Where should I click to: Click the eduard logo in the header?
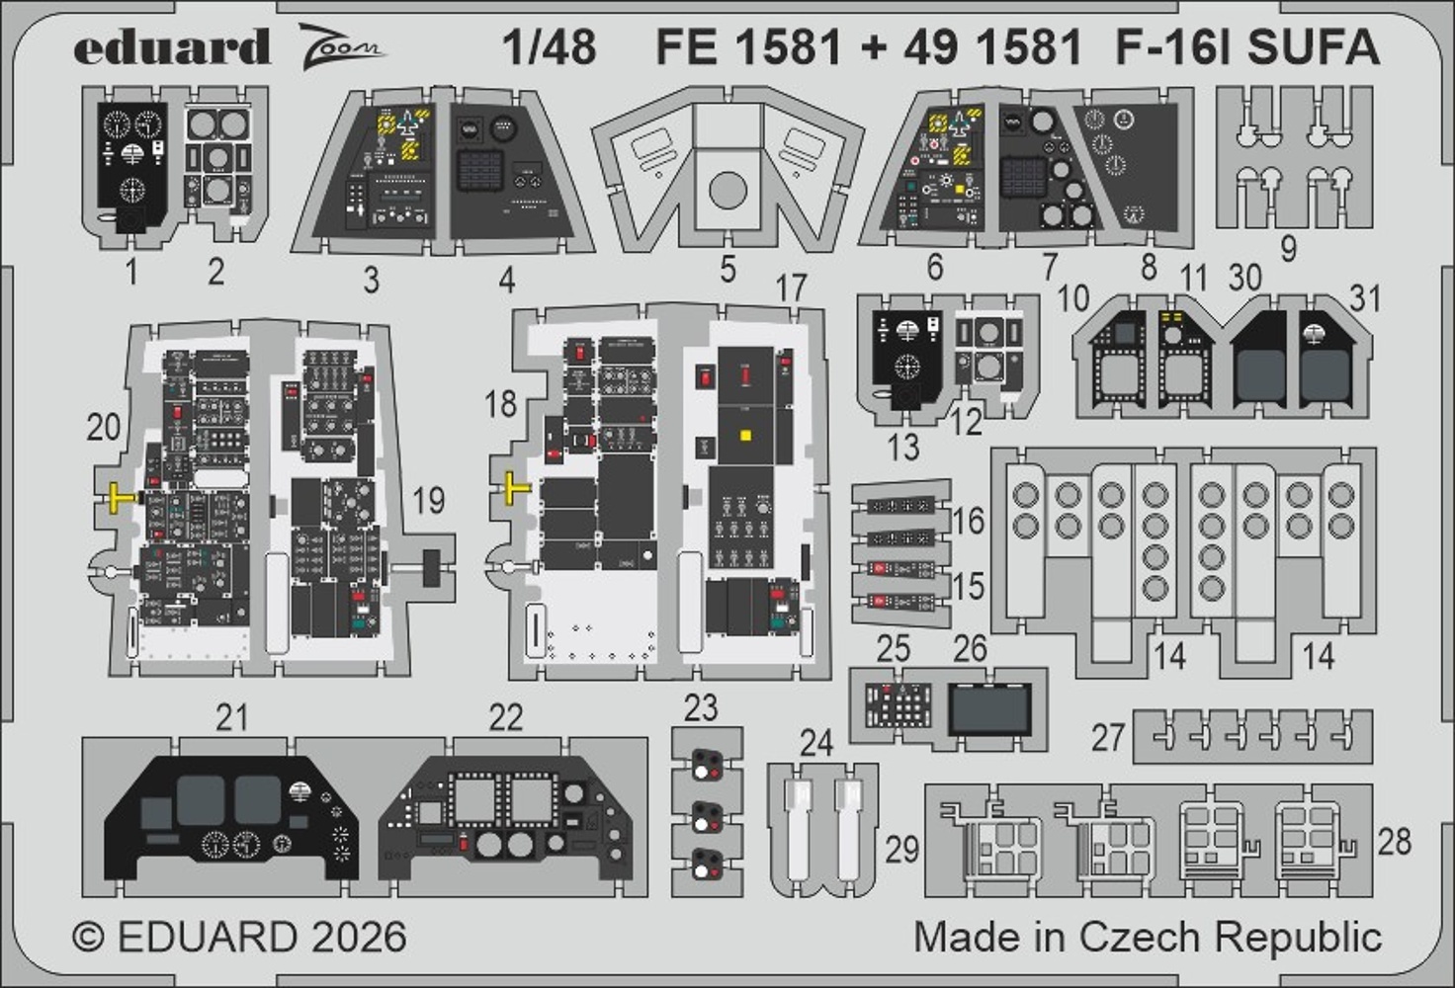coord(171,47)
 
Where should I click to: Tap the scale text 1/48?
coord(549,46)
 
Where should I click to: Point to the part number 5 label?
coord(727,269)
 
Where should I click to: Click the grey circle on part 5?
coord(727,190)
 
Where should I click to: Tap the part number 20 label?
coord(104,427)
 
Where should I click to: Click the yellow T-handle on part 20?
coord(119,497)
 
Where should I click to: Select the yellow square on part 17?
coord(745,434)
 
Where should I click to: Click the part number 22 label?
coord(505,716)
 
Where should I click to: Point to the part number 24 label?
coord(816,741)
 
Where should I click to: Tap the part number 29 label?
coord(901,849)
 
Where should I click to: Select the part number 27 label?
coord(1108,737)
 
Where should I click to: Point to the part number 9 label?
coord(1288,248)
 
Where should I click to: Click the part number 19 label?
coord(428,500)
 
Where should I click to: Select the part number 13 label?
coord(902,447)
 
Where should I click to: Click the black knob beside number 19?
coord(431,569)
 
